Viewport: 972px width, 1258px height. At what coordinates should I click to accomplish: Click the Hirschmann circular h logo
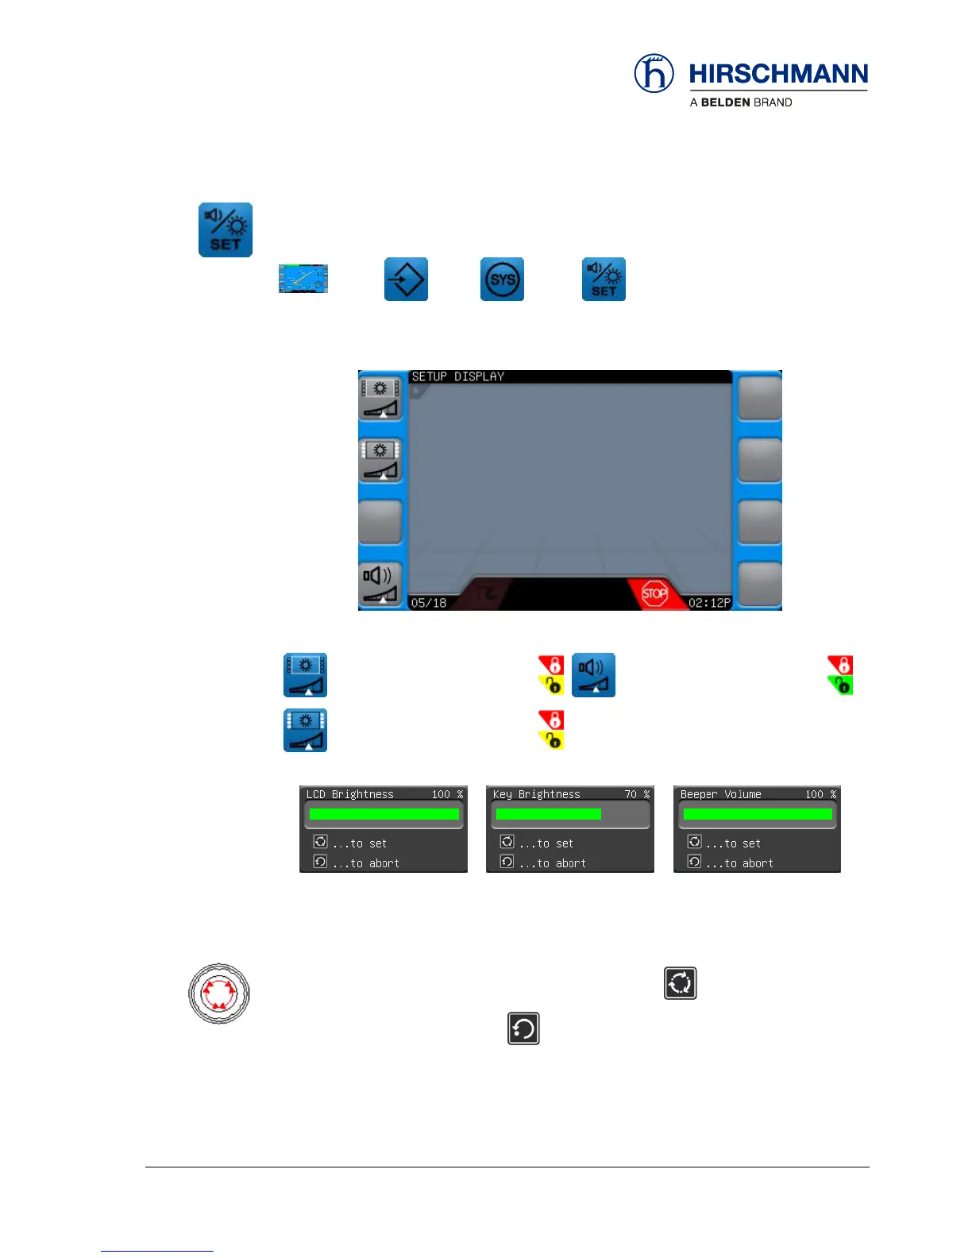[x=654, y=74]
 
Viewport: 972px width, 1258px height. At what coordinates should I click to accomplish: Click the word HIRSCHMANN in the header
[x=778, y=75]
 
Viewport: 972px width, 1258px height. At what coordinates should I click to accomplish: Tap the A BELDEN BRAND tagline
[x=741, y=102]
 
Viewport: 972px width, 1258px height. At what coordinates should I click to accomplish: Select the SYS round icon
[x=502, y=280]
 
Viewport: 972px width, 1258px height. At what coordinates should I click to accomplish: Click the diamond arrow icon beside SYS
[x=406, y=280]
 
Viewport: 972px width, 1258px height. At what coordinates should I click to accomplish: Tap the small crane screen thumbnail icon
[x=303, y=279]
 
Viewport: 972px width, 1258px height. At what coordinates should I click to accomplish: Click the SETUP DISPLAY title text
[x=457, y=376]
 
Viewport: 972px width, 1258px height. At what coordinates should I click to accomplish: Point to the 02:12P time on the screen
[x=708, y=603]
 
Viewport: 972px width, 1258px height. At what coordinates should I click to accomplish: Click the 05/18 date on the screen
[x=429, y=603]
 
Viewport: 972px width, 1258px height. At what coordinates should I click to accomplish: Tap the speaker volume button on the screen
[x=380, y=583]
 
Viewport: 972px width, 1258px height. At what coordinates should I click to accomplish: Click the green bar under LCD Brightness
[x=384, y=814]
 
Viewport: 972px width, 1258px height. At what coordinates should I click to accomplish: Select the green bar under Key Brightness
[x=548, y=814]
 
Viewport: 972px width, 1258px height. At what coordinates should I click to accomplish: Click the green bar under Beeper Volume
[x=758, y=814]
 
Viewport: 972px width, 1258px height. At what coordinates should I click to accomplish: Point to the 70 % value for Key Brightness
[x=636, y=794]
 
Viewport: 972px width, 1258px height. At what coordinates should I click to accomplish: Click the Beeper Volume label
[x=720, y=794]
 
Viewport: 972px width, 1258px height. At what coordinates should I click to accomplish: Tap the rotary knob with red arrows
[x=219, y=994]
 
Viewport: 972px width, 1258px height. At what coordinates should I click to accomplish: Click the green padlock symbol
[x=842, y=685]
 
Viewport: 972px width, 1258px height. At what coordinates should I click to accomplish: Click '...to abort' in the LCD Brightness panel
[x=365, y=863]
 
